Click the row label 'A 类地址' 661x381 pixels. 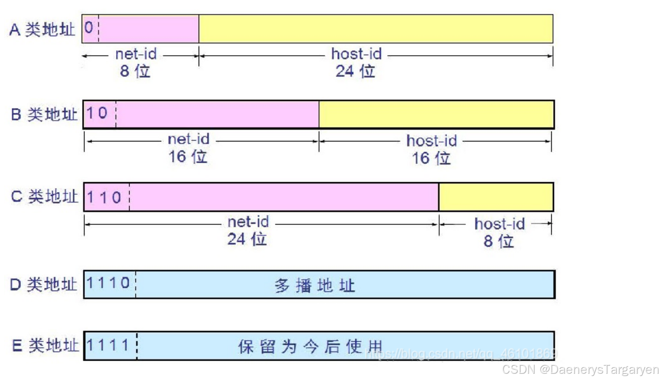point(42,30)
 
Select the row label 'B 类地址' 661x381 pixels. point(44,114)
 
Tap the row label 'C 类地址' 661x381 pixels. point(44,197)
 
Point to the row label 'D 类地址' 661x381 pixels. point(43,285)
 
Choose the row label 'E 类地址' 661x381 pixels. point(45,346)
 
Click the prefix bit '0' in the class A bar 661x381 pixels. point(89,28)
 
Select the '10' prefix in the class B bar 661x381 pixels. point(97,113)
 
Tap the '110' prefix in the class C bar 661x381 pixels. point(104,198)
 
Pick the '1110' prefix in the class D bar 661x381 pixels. point(108,283)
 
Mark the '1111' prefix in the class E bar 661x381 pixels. point(108,345)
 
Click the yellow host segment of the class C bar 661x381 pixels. point(496,197)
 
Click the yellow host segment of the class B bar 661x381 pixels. point(436,114)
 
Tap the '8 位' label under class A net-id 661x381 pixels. point(135,71)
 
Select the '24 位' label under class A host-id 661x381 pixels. point(355,71)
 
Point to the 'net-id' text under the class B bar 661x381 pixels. point(189,139)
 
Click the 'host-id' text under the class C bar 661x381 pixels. point(499,224)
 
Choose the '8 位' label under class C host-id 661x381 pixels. point(499,241)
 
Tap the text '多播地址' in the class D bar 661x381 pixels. point(315,286)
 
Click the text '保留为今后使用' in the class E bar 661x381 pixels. point(310,347)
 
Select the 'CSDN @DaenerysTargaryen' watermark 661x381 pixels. point(580,370)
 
